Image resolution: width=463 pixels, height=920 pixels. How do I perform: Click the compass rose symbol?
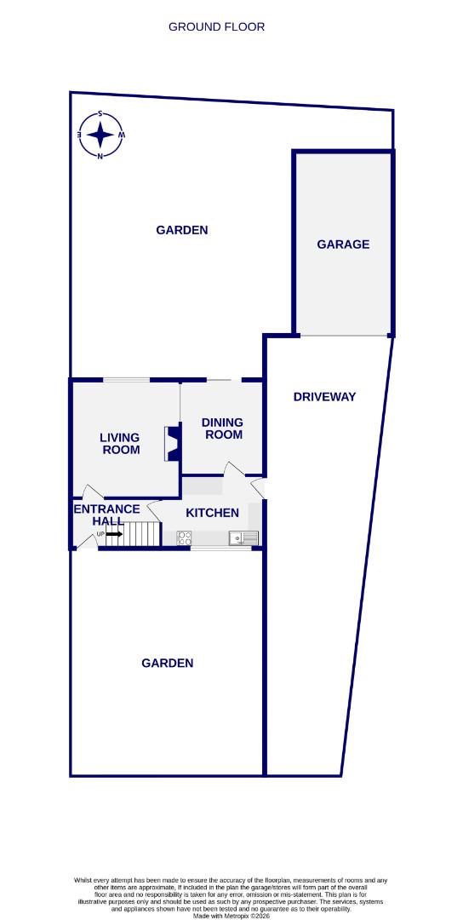(100, 135)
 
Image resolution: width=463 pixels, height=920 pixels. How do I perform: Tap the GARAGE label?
(343, 244)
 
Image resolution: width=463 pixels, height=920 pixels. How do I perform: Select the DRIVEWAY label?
(324, 397)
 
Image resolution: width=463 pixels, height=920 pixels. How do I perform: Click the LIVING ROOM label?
(121, 444)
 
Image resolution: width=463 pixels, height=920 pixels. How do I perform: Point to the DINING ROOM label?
(222, 428)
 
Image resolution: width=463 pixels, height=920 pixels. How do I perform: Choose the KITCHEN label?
(212, 513)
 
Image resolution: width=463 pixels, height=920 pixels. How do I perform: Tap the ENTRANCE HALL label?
(106, 515)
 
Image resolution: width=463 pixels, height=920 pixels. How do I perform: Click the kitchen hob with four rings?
(184, 538)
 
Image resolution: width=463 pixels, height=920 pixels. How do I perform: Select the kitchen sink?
(243, 538)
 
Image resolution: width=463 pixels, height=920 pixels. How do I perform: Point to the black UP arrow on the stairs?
(114, 534)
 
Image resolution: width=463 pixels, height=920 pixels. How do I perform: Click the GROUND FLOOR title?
(216, 26)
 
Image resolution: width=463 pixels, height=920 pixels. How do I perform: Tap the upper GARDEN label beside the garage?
(182, 230)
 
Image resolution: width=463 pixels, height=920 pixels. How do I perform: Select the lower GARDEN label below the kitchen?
(167, 663)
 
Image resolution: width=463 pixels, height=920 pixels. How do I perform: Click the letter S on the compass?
(100, 113)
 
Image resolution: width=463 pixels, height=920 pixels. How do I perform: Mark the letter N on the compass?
(100, 156)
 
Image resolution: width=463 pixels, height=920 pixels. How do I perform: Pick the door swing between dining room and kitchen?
(231, 469)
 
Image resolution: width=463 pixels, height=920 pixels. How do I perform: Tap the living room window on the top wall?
(127, 379)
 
